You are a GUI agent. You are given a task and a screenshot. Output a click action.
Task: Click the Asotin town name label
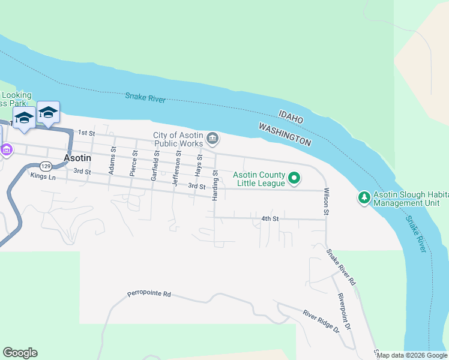pyautogui.click(x=77, y=158)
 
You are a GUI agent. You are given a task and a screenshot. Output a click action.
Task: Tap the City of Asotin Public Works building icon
pyautogui.click(x=213, y=139)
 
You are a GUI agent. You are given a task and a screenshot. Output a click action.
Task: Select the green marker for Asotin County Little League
pyautogui.click(x=294, y=178)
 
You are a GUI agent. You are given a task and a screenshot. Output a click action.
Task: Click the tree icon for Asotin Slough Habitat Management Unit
pyautogui.click(x=364, y=197)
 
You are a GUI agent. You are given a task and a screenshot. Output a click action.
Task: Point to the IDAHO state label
pyautogui.click(x=291, y=117)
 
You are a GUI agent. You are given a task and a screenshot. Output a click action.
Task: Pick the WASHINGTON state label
pyautogui.click(x=285, y=134)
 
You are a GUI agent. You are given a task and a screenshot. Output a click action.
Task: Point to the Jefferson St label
pyautogui.click(x=177, y=169)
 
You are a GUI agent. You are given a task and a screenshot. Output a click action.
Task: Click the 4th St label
pyautogui.click(x=270, y=218)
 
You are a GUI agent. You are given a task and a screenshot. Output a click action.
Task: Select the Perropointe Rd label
pyautogui.click(x=149, y=295)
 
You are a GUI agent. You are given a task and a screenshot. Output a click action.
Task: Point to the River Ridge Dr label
pyautogui.click(x=321, y=322)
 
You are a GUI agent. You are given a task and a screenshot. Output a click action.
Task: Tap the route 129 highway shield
pyautogui.click(x=45, y=166)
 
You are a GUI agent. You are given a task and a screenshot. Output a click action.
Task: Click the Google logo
pyautogui.click(x=20, y=353)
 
